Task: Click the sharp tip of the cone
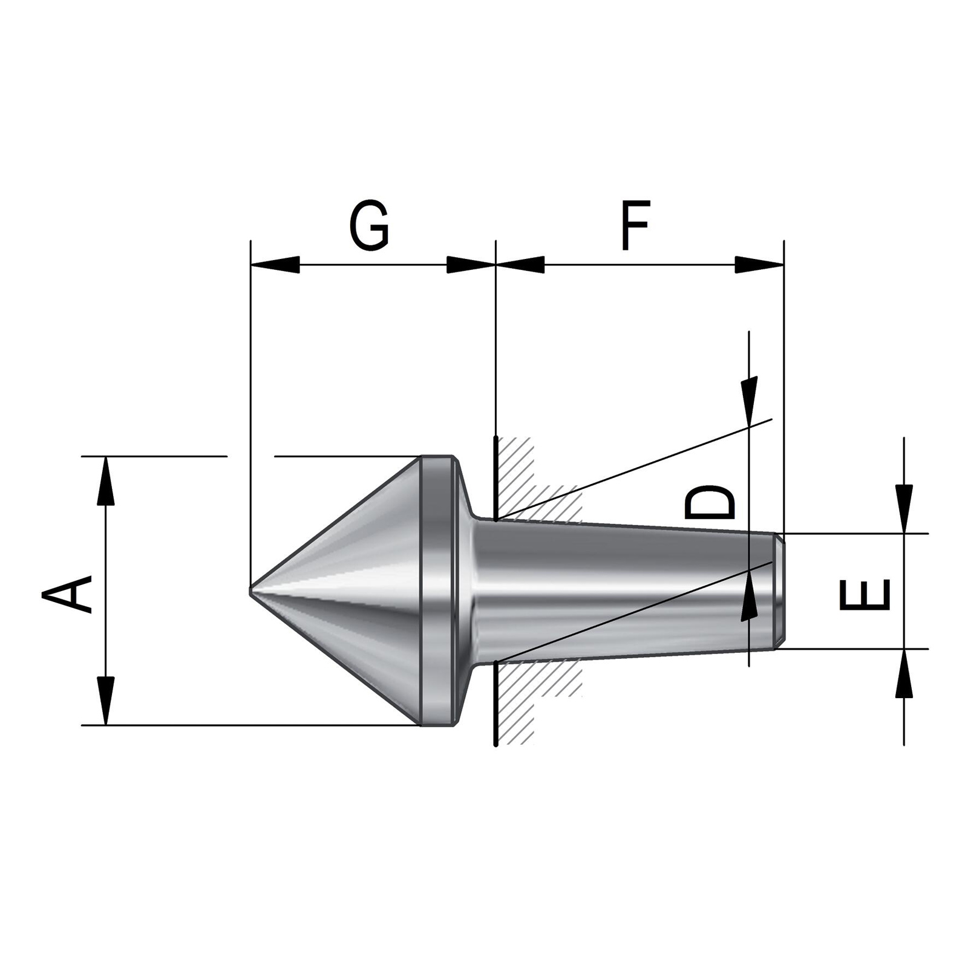[252, 588]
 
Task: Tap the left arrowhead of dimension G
[275, 264]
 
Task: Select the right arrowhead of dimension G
[471, 264]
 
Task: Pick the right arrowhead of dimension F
[759, 264]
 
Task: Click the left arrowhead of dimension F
[520, 264]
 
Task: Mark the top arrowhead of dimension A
[105, 481]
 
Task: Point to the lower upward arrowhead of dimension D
[750, 597]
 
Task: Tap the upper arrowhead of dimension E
[904, 508]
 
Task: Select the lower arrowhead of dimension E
[904, 674]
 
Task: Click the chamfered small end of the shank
[780, 591]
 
